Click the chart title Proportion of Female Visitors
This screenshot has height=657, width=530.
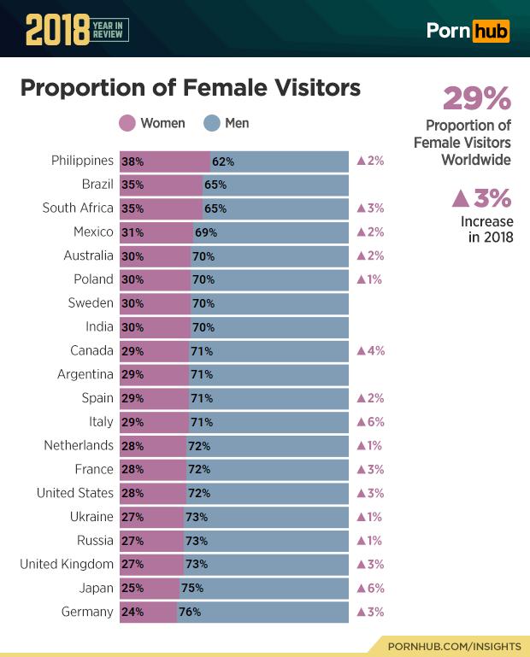(x=190, y=88)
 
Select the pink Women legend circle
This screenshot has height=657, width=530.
(x=127, y=123)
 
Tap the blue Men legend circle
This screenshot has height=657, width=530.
(x=212, y=123)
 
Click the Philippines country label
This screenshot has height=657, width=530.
(x=82, y=161)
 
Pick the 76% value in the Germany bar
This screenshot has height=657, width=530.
(x=190, y=613)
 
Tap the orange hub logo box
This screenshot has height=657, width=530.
(x=491, y=32)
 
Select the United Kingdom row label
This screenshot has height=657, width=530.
(x=66, y=565)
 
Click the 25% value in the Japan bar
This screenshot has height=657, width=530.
(x=132, y=589)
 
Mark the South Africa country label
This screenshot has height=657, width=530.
(x=78, y=208)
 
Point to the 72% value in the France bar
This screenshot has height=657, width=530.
(x=199, y=470)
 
